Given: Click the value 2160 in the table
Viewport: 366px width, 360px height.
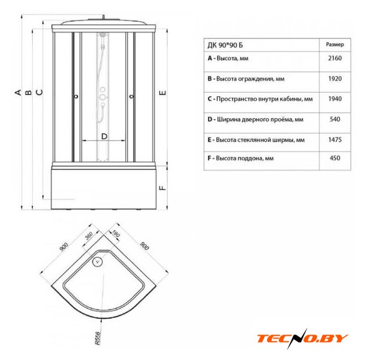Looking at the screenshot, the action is (334, 58).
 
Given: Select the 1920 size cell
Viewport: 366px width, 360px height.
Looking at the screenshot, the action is (334, 79).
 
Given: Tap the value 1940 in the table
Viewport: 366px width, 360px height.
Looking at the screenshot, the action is (334, 99).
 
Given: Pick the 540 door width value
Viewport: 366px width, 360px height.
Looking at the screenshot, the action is (334, 119).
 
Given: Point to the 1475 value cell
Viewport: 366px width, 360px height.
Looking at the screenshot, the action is (334, 139).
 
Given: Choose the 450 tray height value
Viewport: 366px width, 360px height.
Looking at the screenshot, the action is (334, 158).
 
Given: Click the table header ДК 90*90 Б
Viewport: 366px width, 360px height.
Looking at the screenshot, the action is (225, 45).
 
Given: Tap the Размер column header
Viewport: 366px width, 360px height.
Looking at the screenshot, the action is (334, 44).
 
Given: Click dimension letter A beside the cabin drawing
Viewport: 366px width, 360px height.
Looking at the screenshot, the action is (18, 92).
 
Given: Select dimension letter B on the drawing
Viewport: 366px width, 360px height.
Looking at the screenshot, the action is (29, 92).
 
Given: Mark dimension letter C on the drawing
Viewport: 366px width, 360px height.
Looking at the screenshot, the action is (39, 92).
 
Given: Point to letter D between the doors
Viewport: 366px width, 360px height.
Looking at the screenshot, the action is (104, 136).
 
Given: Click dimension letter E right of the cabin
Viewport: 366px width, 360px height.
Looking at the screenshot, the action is (163, 93).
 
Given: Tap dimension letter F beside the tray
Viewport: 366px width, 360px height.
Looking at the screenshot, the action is (163, 188).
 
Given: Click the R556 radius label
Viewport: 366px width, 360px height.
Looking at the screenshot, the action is (97, 338).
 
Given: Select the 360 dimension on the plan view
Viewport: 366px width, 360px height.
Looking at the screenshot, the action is (89, 236).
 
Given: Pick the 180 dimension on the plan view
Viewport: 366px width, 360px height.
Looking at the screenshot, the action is (116, 233).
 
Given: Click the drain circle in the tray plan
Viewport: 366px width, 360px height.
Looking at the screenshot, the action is (97, 262).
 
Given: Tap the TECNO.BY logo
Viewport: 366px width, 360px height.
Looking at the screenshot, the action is (302, 338).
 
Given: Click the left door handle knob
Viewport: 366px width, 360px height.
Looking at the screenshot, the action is (76, 96).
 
